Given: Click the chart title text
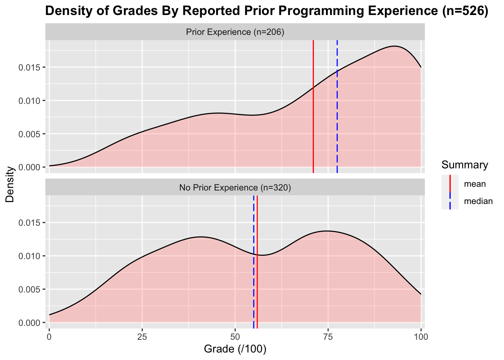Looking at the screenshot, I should (266, 11).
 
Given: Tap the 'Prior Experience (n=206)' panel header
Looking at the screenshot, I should (235, 32).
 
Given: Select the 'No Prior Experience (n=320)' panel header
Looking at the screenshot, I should (235, 187).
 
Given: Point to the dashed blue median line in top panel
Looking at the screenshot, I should (337, 112).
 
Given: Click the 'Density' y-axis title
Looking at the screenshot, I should (10, 184).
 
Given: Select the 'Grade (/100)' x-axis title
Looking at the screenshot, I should (235, 349).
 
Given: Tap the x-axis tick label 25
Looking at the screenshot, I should (142, 336).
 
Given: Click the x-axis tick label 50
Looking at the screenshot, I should (235, 336).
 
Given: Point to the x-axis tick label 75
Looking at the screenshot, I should (328, 336).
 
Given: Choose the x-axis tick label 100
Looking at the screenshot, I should (421, 336).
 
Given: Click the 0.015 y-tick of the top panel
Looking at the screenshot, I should (28, 67).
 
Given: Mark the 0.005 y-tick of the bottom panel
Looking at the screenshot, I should (28, 289).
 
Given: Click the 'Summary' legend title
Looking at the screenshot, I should (465, 165).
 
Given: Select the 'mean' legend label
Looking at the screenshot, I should (475, 184).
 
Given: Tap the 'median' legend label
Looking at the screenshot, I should (478, 201).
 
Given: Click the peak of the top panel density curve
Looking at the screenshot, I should (394, 46).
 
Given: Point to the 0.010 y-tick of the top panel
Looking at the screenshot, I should (28, 101).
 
